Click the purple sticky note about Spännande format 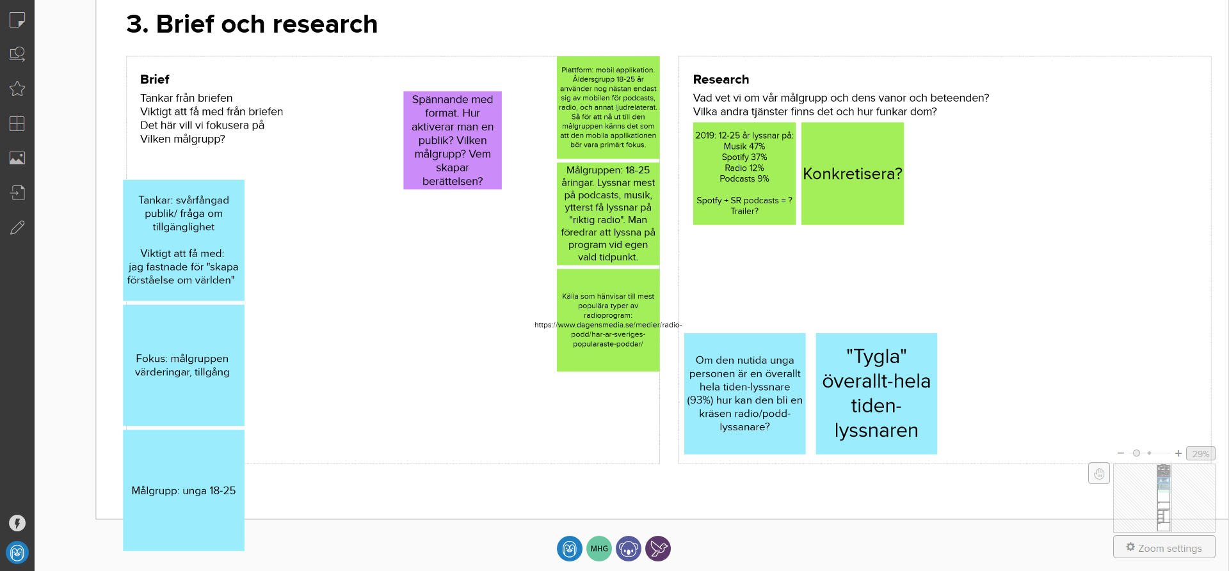click(x=453, y=140)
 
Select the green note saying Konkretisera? click(x=853, y=173)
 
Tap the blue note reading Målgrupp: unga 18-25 click(x=184, y=490)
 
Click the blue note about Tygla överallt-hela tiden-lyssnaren click(x=876, y=393)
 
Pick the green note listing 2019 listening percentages click(x=744, y=173)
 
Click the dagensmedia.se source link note click(x=608, y=320)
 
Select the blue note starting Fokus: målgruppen click(x=184, y=365)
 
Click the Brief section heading click(x=155, y=79)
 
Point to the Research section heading click(x=721, y=79)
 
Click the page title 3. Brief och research click(x=252, y=24)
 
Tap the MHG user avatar click(x=599, y=549)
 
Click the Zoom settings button click(x=1164, y=548)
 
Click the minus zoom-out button click(x=1121, y=453)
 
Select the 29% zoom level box click(x=1201, y=453)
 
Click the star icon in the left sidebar click(x=17, y=89)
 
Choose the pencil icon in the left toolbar click(x=17, y=227)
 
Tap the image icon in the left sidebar click(x=17, y=158)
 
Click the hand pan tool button click(x=1099, y=474)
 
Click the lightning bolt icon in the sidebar click(x=17, y=523)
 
